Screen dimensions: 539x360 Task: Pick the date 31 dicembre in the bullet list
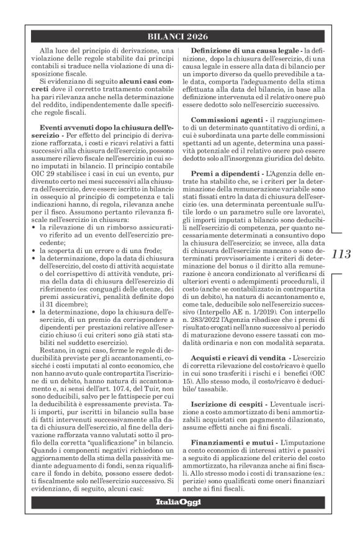pyautogui.click(x=63, y=306)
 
